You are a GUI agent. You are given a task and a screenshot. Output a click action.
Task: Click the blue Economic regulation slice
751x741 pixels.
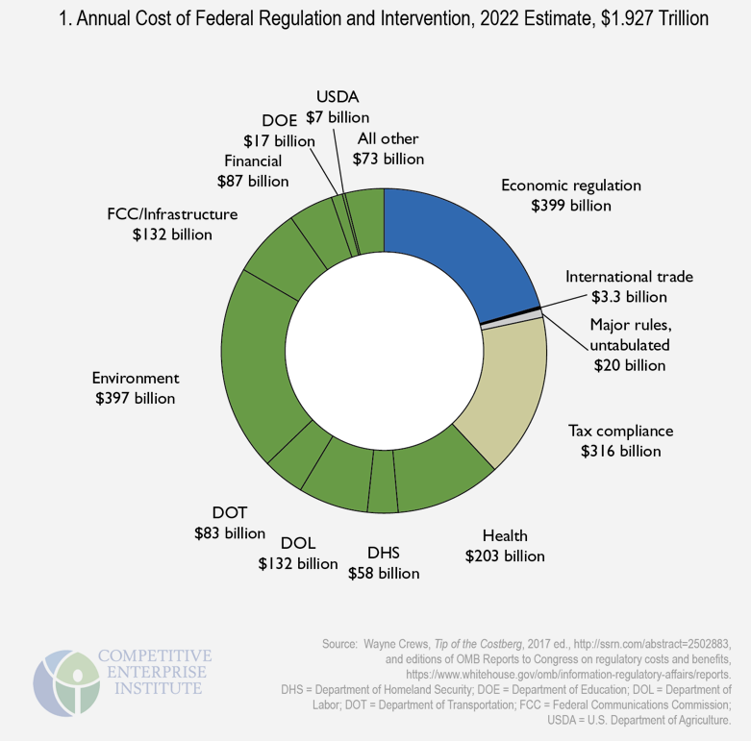pos(452,250)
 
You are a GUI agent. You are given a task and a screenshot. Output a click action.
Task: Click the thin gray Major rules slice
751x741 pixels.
pos(513,320)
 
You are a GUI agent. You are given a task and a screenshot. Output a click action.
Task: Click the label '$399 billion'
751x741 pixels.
pos(571,205)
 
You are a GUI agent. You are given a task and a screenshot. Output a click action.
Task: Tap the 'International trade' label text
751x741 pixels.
pos(629,276)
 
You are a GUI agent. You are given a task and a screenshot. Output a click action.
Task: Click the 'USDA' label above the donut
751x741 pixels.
pos(336,96)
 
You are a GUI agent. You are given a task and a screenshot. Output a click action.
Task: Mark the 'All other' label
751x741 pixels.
pos(388,138)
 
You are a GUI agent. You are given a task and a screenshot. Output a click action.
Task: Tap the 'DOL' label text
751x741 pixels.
pos(298,542)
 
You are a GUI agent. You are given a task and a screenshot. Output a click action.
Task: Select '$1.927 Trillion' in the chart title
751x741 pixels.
pos(647,18)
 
